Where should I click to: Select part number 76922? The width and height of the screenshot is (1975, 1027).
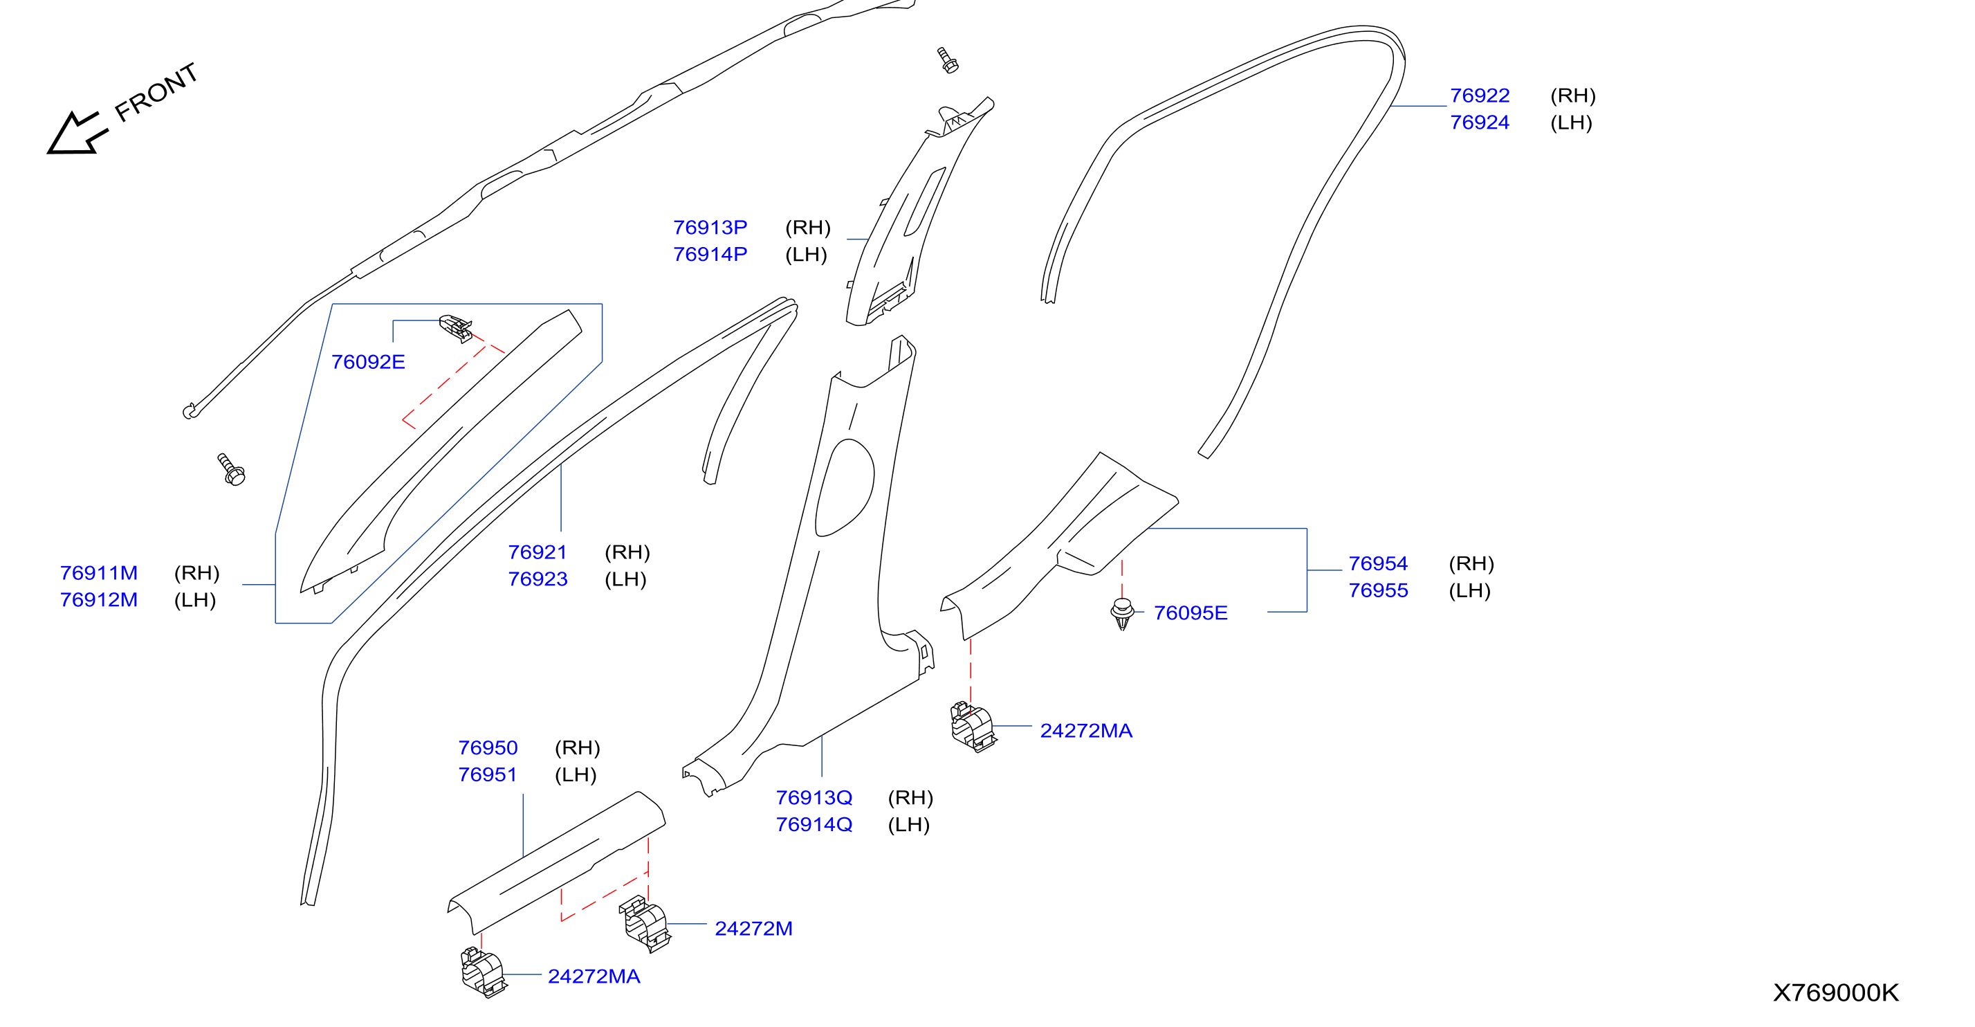tap(1479, 96)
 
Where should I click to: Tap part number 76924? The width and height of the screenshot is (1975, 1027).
tap(1479, 122)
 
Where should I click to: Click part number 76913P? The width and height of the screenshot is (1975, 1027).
tap(709, 228)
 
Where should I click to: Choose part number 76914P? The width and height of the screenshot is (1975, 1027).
tap(709, 255)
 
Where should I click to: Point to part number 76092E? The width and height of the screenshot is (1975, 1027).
tap(367, 362)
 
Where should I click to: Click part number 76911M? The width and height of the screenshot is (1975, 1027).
tap(99, 573)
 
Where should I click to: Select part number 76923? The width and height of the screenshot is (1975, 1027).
tap(538, 579)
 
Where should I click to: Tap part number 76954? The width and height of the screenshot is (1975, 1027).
tap(1378, 564)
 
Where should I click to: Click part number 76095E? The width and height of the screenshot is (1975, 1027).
tap(1190, 613)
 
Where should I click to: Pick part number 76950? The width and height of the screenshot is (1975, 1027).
tap(488, 748)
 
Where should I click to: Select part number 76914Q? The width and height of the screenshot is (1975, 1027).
tap(814, 824)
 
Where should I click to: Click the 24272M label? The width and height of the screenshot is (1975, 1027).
tap(753, 929)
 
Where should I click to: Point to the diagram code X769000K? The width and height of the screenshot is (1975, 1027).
tap(1835, 993)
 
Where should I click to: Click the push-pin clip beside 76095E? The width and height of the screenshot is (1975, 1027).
tap(1123, 614)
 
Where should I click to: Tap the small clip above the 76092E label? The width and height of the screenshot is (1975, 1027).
tap(455, 328)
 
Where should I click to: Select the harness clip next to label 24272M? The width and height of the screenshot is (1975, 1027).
tap(645, 923)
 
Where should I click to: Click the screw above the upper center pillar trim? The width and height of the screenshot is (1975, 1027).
tap(948, 60)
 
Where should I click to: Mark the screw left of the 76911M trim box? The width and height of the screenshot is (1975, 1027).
tap(231, 469)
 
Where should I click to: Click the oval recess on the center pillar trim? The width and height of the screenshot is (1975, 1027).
tap(845, 488)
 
